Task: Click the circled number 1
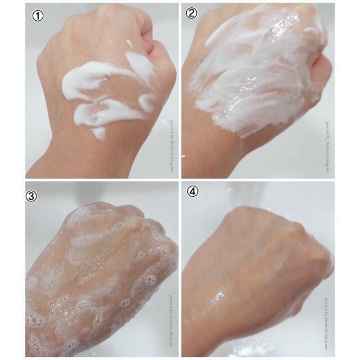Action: pos(38,17)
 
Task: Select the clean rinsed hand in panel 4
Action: pos(259,264)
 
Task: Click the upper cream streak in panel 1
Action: pos(107,76)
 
